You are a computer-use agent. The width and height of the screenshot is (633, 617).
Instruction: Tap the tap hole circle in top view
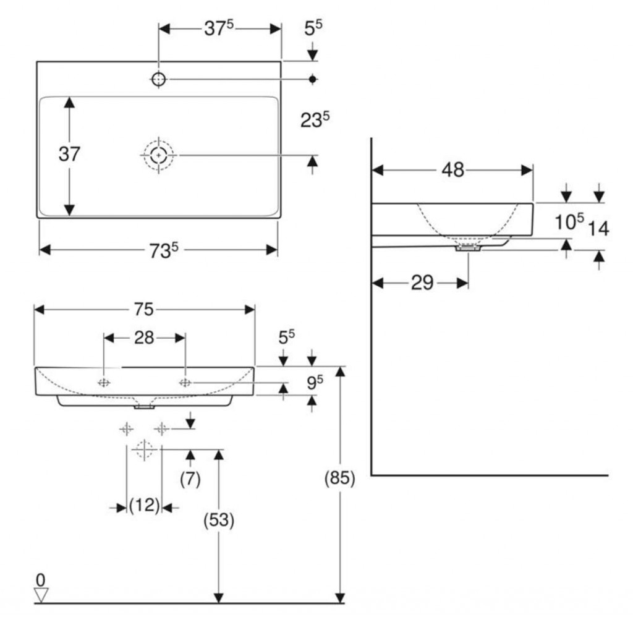159,79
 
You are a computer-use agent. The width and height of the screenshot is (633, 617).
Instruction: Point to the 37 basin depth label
69,154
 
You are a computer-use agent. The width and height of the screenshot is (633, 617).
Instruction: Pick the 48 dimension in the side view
452,170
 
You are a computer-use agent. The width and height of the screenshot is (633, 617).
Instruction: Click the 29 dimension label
422,283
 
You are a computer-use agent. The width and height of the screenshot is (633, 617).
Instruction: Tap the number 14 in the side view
598,229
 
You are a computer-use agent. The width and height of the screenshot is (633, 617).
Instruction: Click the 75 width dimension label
144,309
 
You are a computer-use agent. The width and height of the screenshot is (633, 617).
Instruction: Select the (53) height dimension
218,520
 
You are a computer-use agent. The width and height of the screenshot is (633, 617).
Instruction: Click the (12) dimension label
144,507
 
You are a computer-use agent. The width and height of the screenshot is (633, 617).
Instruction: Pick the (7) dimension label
190,479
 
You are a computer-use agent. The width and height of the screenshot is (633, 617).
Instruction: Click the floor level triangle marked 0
41,595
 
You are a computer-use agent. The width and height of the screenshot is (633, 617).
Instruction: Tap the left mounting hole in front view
104,383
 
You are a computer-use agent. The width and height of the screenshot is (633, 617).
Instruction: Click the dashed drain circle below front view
144,449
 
